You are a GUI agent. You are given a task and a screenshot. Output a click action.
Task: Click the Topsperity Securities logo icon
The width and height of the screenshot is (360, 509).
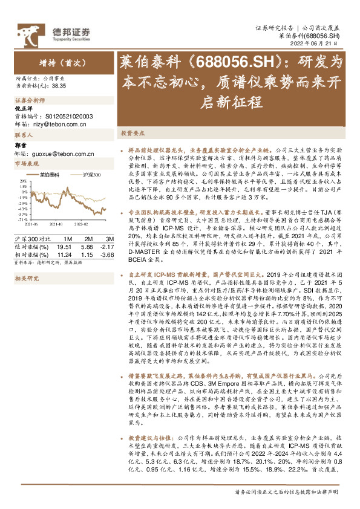click(28, 31)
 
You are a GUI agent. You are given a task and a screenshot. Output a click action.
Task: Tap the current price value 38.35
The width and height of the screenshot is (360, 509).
click(59, 86)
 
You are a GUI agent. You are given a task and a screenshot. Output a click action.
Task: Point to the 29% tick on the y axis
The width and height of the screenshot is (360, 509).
click(22, 181)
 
